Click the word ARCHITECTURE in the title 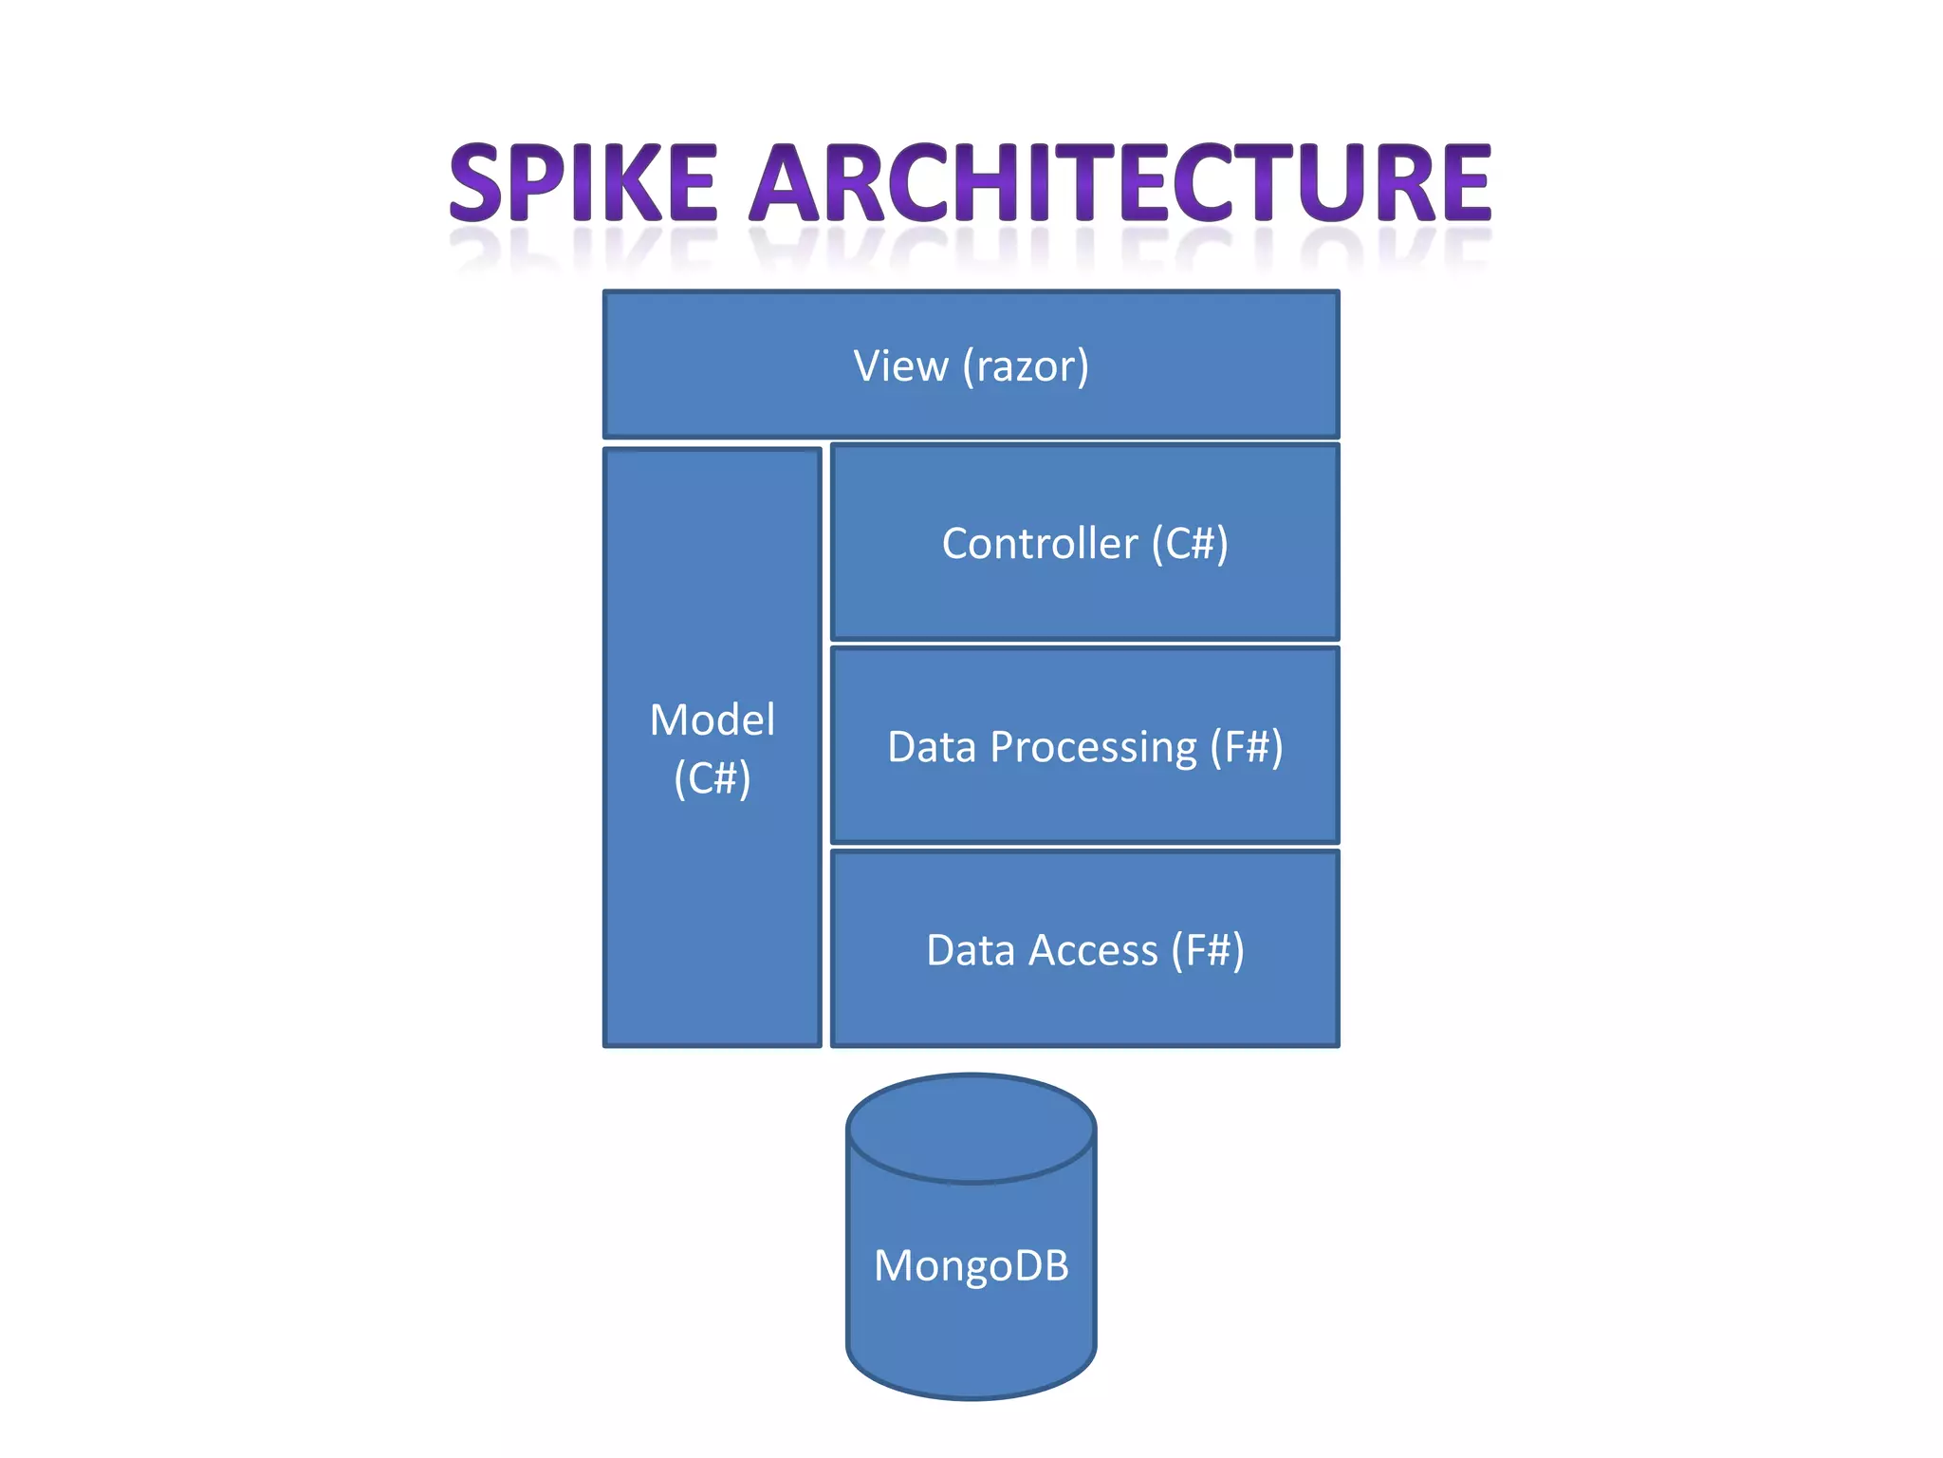[x=1120, y=182]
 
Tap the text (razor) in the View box [x=1026, y=366]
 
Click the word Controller [x=1039, y=544]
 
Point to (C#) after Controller [x=1190, y=544]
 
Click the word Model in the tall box [x=712, y=720]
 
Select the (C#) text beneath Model [x=712, y=779]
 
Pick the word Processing [x=1093, y=748]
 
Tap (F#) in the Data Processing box [x=1246, y=747]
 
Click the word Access [x=1095, y=950]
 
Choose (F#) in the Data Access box [x=1207, y=950]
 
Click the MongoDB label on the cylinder [x=971, y=1265]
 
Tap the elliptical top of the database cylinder [x=971, y=1128]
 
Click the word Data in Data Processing [x=932, y=747]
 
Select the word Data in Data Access [x=971, y=950]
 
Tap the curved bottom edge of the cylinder [x=971, y=1395]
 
